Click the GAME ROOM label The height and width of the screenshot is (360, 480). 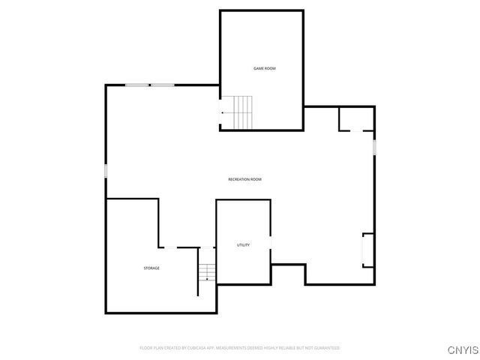pyautogui.click(x=264, y=68)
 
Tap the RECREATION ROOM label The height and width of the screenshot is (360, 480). pyautogui.click(x=245, y=179)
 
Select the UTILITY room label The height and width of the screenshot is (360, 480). pyautogui.click(x=243, y=245)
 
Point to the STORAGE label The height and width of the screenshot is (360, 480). pyautogui.click(x=151, y=268)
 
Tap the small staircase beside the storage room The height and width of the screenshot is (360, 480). pyautogui.click(x=207, y=271)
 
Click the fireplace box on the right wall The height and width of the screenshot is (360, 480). pyautogui.click(x=368, y=250)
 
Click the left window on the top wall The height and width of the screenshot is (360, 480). pyautogui.click(x=137, y=85)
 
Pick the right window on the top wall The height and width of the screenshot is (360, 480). pyautogui.click(x=163, y=85)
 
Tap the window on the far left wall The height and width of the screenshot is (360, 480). pyautogui.click(x=106, y=172)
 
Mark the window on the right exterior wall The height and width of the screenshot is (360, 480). pyautogui.click(x=374, y=145)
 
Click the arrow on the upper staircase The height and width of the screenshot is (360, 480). pyautogui.click(x=223, y=112)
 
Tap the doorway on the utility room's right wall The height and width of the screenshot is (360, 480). pyautogui.click(x=270, y=251)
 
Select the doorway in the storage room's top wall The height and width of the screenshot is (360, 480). pyautogui.click(x=187, y=247)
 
